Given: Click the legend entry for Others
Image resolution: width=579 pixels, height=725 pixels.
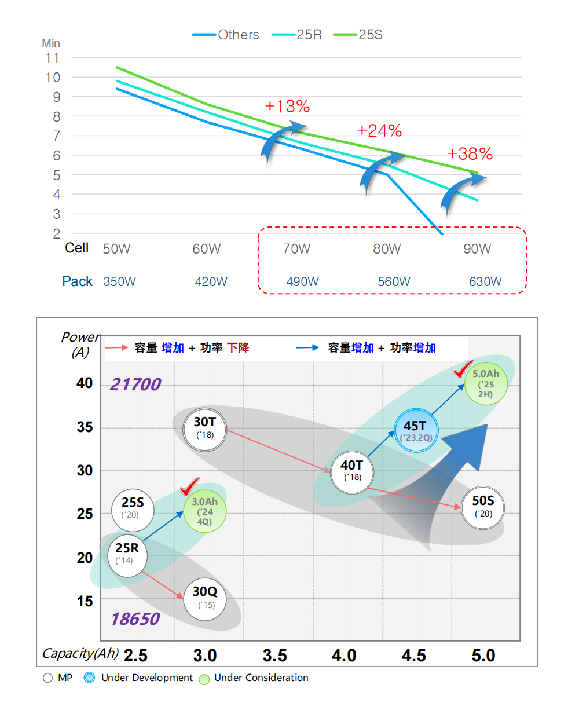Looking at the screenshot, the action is [x=225, y=35].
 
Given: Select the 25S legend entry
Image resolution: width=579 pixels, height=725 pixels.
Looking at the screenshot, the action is [x=358, y=35].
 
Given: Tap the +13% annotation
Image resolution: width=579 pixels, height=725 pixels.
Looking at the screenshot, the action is [x=287, y=107].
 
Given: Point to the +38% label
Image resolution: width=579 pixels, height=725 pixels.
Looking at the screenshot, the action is [x=470, y=154].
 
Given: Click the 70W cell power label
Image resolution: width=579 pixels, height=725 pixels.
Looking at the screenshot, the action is [x=296, y=249].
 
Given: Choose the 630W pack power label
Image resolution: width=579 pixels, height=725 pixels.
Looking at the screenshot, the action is [x=485, y=281].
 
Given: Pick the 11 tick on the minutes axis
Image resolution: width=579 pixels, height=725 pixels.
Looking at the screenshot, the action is [x=53, y=58].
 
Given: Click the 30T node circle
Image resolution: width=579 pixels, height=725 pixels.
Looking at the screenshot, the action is [x=205, y=430].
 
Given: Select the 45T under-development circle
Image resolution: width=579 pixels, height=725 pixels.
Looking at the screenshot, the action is [x=416, y=430].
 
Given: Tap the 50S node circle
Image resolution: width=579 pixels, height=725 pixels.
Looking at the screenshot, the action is [x=483, y=508].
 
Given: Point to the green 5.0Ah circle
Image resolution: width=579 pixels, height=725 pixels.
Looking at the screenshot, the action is [x=486, y=383].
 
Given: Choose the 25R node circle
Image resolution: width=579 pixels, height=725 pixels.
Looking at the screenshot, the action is [x=127, y=555].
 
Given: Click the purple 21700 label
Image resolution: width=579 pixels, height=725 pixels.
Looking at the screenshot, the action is [x=135, y=385].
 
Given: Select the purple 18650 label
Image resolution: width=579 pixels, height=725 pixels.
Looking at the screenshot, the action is [x=135, y=619].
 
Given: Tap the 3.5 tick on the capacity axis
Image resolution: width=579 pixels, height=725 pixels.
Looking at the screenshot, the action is [x=275, y=656].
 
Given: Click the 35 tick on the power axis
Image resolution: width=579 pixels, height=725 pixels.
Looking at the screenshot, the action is [x=85, y=427].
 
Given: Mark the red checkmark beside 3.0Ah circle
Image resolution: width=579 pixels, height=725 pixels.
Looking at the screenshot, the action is [x=190, y=486].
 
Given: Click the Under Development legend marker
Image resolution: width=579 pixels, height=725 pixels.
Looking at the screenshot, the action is [x=89, y=678].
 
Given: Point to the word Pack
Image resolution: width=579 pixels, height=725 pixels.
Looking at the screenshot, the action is [x=77, y=281].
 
